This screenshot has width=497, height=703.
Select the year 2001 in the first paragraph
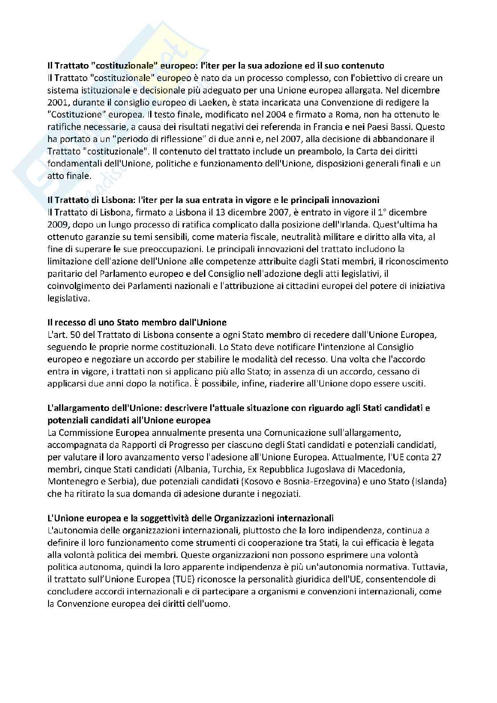click(57, 102)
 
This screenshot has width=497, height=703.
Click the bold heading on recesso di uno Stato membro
click(137, 322)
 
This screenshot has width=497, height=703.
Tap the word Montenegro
click(71, 481)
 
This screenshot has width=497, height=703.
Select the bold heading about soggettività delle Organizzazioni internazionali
click(191, 518)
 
